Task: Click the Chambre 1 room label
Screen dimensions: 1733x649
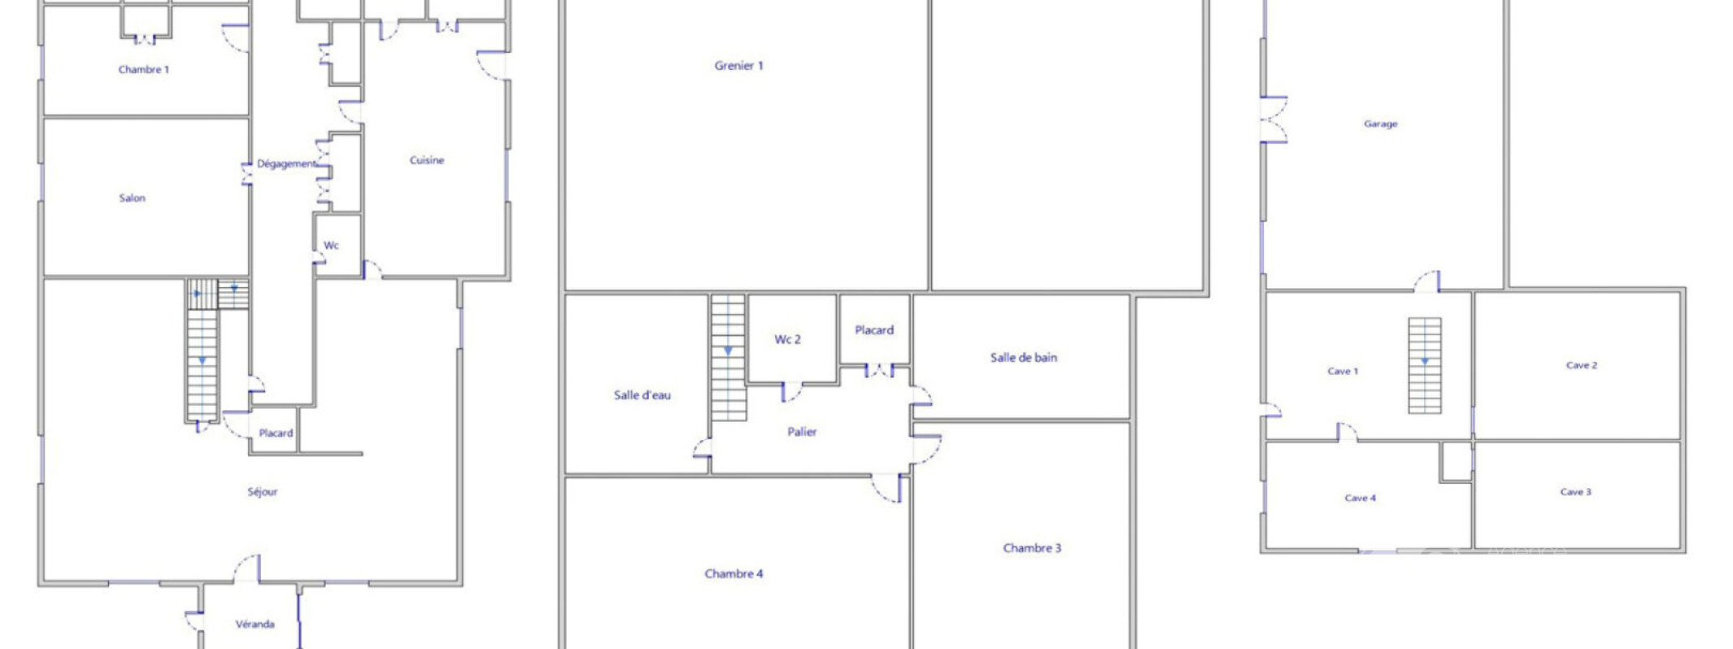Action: tap(144, 70)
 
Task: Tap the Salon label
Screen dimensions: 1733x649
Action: tap(133, 198)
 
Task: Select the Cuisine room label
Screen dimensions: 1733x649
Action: tap(427, 160)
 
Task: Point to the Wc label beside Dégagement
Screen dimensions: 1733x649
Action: tap(331, 246)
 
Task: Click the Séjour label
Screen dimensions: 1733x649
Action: tap(263, 491)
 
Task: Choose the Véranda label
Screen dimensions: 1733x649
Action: tap(255, 625)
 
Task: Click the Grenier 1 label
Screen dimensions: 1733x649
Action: tap(738, 66)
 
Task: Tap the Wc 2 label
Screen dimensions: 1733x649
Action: tap(787, 339)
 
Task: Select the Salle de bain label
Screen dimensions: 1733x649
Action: tap(1024, 357)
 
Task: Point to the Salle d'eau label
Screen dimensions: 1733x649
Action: tap(642, 395)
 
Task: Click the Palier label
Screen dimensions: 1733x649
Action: tap(802, 432)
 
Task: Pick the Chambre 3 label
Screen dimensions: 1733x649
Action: tap(1032, 548)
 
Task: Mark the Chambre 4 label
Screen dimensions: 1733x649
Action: tap(734, 573)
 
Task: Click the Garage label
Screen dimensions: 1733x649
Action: tap(1381, 124)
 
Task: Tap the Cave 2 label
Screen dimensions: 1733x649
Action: tap(1582, 365)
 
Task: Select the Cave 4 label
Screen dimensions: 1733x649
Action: tap(1361, 498)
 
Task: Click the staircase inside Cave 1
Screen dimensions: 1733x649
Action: tap(1425, 365)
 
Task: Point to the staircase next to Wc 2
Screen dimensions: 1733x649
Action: tap(729, 358)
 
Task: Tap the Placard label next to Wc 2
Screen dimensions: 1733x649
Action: tap(874, 330)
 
